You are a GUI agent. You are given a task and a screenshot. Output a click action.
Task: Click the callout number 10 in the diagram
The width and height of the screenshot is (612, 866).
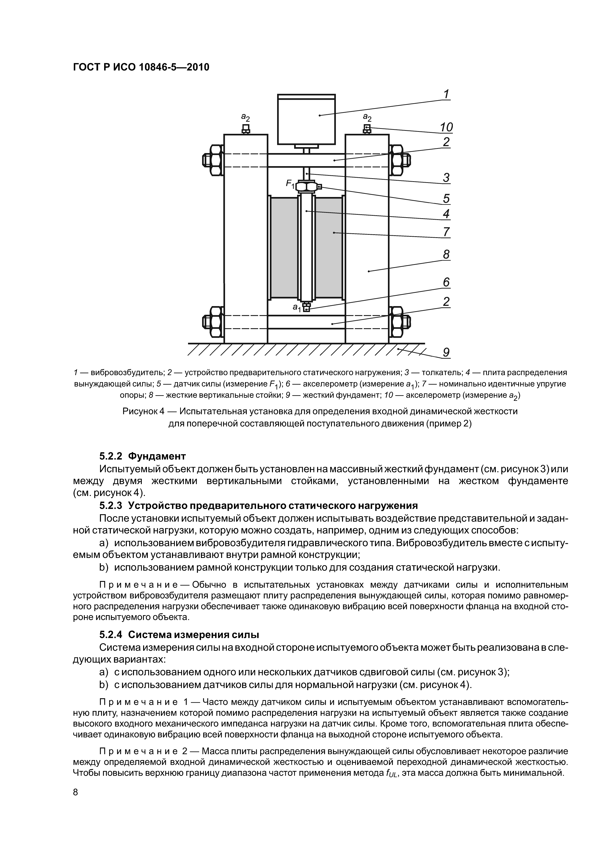[446, 127]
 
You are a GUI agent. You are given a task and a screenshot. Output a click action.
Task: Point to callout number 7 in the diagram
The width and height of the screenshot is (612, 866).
[446, 231]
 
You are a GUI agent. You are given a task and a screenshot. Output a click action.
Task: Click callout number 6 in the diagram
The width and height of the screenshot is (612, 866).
[446, 282]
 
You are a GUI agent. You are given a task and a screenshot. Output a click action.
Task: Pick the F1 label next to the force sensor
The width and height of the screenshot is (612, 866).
[290, 184]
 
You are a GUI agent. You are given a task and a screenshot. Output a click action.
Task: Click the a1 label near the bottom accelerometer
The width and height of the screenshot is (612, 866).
[297, 308]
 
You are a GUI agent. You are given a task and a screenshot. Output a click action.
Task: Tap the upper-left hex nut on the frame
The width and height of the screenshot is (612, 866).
[213, 160]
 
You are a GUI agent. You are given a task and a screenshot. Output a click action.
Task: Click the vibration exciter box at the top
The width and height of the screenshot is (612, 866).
[306, 119]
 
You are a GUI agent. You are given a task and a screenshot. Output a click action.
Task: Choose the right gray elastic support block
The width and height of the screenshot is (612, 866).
[328, 247]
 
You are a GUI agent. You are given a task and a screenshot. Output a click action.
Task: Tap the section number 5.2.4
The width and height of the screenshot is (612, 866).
[111, 634]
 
